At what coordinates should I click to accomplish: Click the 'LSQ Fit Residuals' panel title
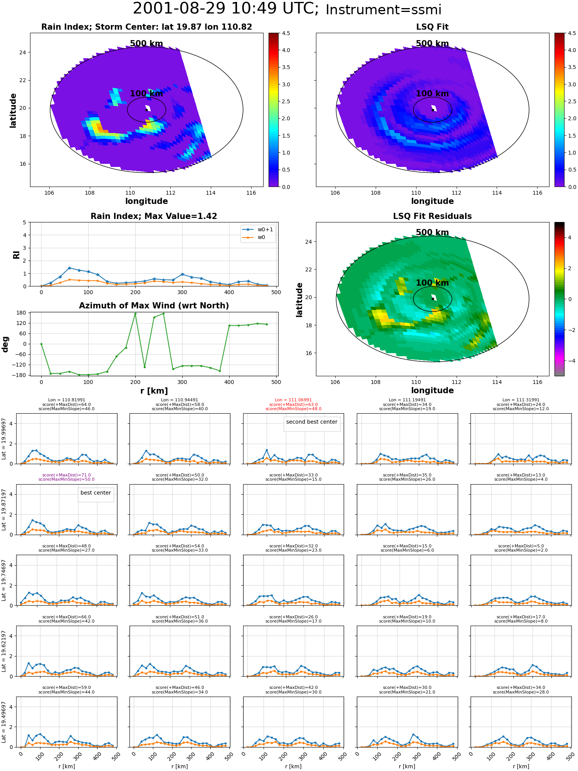pyautogui.click(x=432, y=216)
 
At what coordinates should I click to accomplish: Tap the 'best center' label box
pyautogui.click(x=96, y=493)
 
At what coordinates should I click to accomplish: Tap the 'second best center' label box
pyautogui.click(x=312, y=422)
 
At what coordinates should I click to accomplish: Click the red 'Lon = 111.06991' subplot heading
pyautogui.click(x=293, y=400)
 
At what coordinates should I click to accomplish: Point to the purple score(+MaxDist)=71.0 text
pyautogui.click(x=66, y=475)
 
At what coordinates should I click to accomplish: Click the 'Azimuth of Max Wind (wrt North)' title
pyautogui.click(x=154, y=306)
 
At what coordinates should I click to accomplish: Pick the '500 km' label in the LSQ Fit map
pyautogui.click(x=432, y=44)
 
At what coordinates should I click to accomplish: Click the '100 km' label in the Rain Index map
pyautogui.click(x=146, y=94)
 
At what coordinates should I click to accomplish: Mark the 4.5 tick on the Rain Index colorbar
pyautogui.click(x=286, y=33)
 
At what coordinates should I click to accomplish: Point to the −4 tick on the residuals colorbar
pyautogui.click(x=570, y=361)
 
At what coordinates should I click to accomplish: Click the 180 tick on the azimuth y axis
pyautogui.click(x=22, y=313)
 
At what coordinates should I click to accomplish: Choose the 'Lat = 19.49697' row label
pyautogui.click(x=4, y=722)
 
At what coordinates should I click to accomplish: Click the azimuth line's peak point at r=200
pyautogui.click(x=135, y=313)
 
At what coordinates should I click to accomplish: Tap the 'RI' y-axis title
pyautogui.click(x=16, y=254)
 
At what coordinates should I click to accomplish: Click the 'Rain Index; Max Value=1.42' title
pyautogui.click(x=154, y=216)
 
